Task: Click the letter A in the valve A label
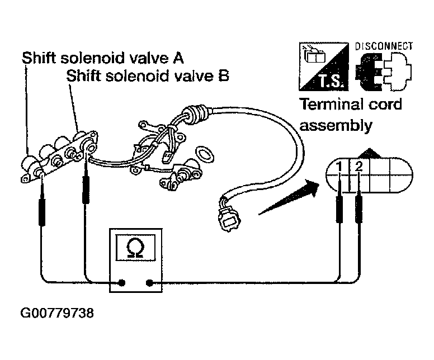tap(178, 58)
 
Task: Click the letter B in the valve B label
tap(224, 75)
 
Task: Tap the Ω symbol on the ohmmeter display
tap(135, 248)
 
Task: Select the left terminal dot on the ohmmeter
tap(122, 283)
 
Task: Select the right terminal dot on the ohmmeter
tap(149, 283)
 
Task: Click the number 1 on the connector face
tap(339, 167)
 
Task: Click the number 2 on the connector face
tap(358, 166)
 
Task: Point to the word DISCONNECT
tap(384, 46)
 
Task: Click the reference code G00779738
tap(57, 313)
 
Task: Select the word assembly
tap(336, 126)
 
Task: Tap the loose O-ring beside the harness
tap(205, 154)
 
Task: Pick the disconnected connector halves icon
tap(384, 72)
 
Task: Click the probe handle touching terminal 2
tap(358, 209)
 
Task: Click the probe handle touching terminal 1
tap(339, 209)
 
